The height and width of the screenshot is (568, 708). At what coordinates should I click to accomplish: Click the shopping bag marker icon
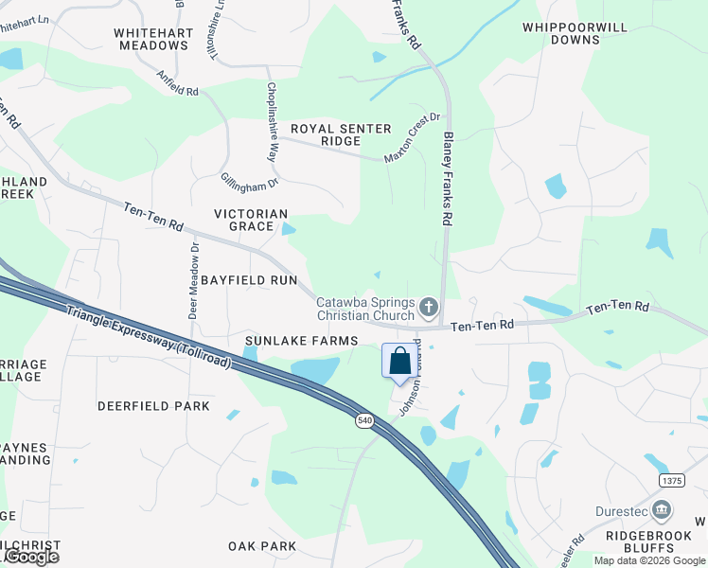pyautogui.click(x=400, y=361)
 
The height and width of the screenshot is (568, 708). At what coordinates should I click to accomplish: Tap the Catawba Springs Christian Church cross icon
pyautogui.click(x=429, y=307)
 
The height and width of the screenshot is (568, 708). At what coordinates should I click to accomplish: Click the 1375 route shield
pyautogui.click(x=671, y=481)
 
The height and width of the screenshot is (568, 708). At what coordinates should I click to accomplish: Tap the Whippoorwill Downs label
pyautogui.click(x=575, y=33)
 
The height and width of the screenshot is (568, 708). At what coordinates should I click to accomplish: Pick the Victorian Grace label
pyautogui.click(x=251, y=220)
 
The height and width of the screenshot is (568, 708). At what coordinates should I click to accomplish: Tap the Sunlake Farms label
pyautogui.click(x=301, y=340)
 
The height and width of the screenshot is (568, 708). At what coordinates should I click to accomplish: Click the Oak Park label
pyautogui.click(x=262, y=545)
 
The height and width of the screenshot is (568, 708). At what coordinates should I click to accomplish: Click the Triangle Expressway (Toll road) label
pyautogui.click(x=150, y=332)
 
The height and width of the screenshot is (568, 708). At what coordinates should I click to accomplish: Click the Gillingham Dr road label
pyautogui.click(x=250, y=172)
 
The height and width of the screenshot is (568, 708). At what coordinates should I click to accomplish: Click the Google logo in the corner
pyautogui.click(x=31, y=557)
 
